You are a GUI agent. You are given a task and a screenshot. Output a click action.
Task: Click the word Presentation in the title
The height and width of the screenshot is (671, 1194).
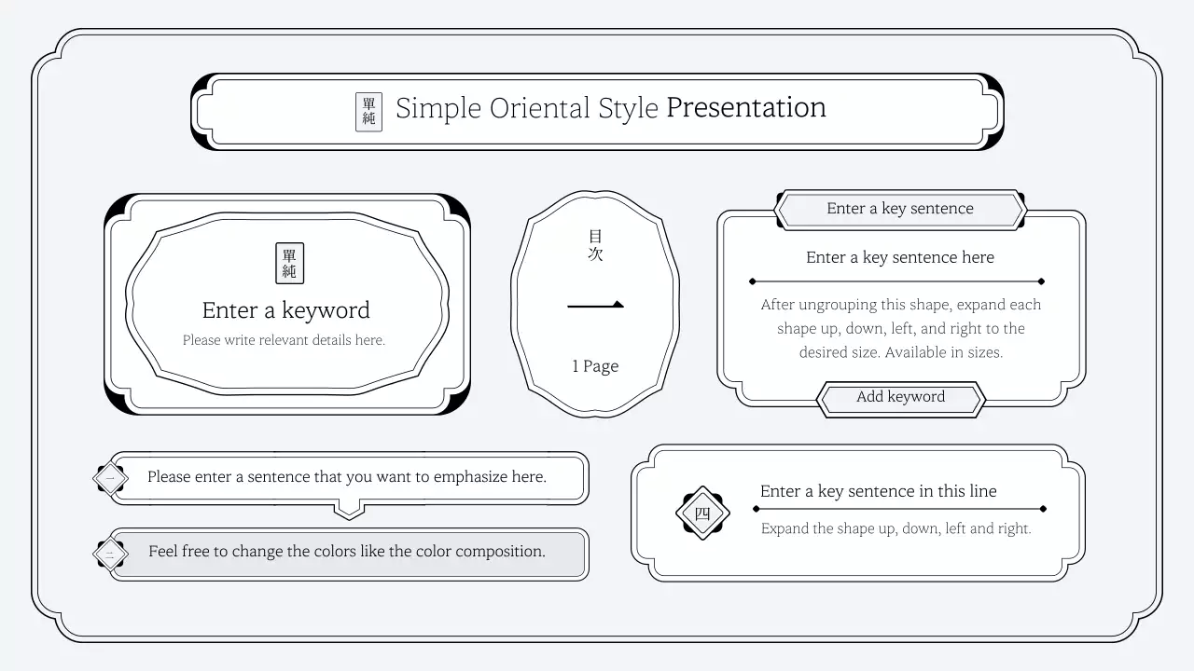(x=745, y=108)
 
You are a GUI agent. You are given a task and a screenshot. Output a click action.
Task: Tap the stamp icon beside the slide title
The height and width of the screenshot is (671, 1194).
(x=368, y=112)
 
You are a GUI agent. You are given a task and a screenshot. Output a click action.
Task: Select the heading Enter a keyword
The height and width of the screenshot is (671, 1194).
(x=285, y=310)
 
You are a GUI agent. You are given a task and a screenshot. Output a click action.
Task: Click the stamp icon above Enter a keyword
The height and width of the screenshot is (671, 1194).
(x=289, y=263)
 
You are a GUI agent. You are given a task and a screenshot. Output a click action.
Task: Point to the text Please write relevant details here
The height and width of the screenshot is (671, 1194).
(x=284, y=340)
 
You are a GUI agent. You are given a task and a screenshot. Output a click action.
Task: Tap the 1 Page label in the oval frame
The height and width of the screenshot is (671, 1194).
(x=595, y=366)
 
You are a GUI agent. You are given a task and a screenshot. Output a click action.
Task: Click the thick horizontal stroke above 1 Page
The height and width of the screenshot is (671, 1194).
(x=595, y=305)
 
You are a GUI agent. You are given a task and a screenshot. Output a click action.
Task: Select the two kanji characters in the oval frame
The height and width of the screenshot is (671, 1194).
(x=595, y=245)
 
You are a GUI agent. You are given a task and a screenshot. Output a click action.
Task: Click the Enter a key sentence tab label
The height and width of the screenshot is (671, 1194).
(x=899, y=209)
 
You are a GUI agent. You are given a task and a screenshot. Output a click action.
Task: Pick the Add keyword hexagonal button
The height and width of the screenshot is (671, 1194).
(x=900, y=397)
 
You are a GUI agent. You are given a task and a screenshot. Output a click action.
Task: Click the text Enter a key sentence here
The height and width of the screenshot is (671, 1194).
(x=899, y=257)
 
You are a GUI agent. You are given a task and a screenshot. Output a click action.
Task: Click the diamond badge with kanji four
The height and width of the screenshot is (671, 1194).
(x=702, y=513)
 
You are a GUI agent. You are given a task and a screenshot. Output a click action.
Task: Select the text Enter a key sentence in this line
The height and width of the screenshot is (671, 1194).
(x=878, y=491)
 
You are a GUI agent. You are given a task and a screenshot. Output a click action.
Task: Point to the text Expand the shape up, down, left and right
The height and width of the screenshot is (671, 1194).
(x=895, y=528)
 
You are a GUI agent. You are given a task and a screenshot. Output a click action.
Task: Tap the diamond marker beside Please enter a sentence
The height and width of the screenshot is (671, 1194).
(x=110, y=479)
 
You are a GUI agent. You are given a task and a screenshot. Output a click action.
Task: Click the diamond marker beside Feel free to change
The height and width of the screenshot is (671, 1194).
(x=110, y=555)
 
